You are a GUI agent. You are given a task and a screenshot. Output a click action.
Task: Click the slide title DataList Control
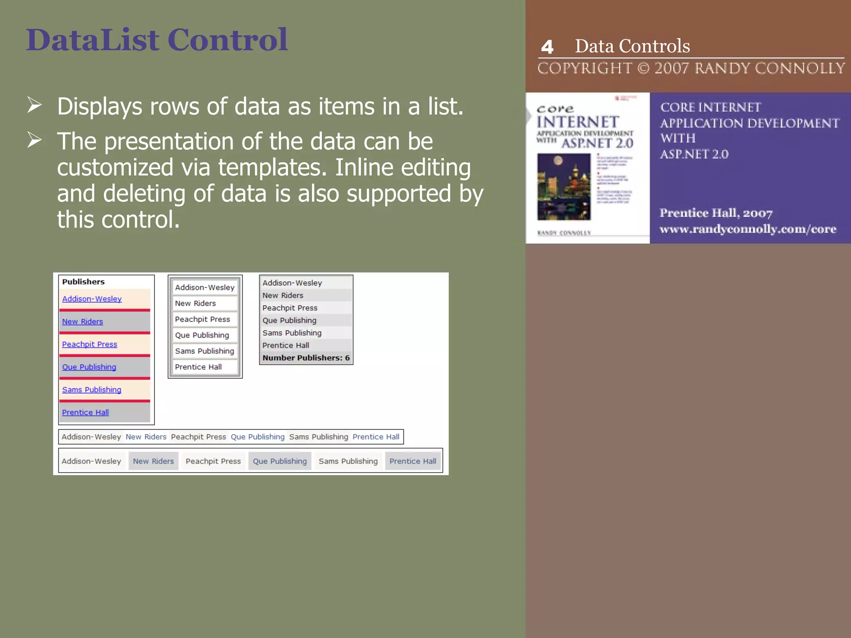coord(157,40)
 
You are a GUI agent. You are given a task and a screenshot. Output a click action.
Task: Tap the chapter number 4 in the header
coord(547,47)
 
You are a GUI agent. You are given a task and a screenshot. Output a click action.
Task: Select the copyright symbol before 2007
coord(643,68)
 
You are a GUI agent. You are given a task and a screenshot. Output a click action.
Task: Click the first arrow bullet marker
coord(34,105)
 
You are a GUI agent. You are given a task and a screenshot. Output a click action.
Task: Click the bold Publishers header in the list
coord(84,282)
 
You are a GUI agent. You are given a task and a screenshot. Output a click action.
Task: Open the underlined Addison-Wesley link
coord(92,299)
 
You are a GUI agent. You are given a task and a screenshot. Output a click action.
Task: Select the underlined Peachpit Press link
coord(89,344)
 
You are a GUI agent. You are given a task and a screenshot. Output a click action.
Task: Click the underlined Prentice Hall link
coord(85,412)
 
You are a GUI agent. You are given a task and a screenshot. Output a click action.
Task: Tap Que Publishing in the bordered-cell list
coord(202,335)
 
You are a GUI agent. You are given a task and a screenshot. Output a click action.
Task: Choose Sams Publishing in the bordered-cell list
coord(204,351)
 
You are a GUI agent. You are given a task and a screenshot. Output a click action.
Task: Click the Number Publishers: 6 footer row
coord(306,358)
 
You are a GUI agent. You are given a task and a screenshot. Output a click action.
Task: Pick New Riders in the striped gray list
coord(283,295)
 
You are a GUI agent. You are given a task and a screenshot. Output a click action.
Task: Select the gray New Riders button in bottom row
coord(153,461)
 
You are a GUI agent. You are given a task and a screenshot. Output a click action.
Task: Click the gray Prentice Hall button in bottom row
coord(413,461)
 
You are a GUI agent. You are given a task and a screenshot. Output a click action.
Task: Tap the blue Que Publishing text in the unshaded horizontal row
coord(258,437)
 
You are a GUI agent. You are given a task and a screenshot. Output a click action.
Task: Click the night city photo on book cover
coord(564,186)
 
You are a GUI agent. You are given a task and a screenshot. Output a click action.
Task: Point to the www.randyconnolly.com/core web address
coord(748,229)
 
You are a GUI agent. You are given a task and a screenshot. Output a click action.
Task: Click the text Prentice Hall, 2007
coord(716,213)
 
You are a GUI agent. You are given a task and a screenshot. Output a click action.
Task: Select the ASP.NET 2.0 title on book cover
coord(597,144)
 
